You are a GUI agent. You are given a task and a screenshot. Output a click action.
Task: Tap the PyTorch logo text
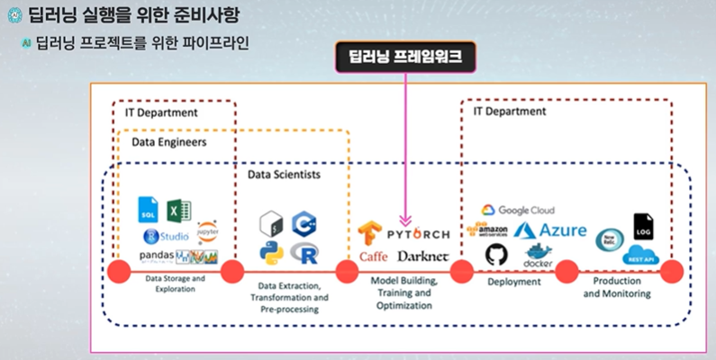pyautogui.click(x=419, y=234)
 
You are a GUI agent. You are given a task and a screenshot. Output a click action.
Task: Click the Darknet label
pyautogui.click(x=421, y=256)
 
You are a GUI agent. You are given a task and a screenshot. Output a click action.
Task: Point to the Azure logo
pyautogui.click(x=550, y=231)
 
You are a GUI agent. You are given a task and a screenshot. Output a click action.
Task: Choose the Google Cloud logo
pyautogui.click(x=518, y=210)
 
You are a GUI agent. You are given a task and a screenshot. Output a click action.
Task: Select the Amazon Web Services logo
pyautogui.click(x=487, y=230)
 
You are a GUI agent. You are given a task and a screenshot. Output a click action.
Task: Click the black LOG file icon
pyautogui.click(x=643, y=226)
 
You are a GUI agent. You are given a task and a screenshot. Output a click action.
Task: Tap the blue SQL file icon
pyautogui.click(x=148, y=211)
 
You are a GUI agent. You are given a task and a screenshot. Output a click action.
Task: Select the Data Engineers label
pyautogui.click(x=168, y=142)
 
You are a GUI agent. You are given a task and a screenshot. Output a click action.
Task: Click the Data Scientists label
pyautogui.click(x=284, y=174)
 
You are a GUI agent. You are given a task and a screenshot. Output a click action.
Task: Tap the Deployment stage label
pyautogui.click(x=513, y=282)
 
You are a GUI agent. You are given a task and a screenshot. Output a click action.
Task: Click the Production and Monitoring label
pyautogui.click(x=610, y=286)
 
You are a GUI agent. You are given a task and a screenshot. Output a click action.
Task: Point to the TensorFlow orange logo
pyautogui.click(x=371, y=232)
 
